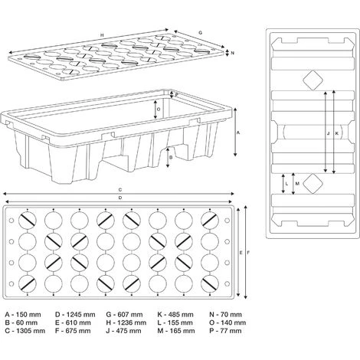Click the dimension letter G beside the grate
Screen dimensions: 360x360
199,33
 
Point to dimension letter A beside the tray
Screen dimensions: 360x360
239,133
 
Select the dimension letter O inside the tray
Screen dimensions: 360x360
158,109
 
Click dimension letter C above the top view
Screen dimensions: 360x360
121,189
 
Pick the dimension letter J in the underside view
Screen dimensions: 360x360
328,133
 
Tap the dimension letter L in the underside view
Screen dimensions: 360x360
286,185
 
